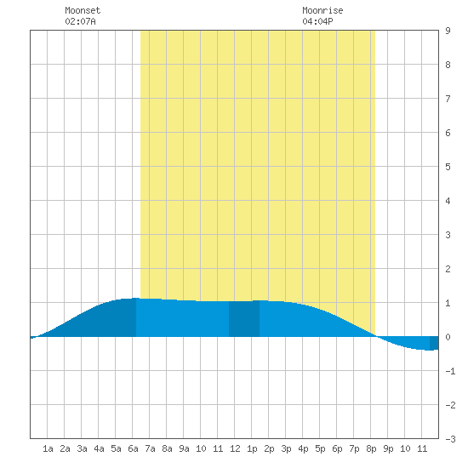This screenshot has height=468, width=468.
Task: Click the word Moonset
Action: point(83,10)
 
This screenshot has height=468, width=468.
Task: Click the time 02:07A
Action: point(80,21)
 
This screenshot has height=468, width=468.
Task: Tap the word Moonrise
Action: point(322,10)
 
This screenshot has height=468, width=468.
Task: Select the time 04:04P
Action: point(317,21)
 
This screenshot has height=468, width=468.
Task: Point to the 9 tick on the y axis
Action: point(448,31)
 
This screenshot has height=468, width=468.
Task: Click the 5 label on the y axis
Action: point(448,167)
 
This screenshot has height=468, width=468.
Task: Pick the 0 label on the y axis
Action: point(448,337)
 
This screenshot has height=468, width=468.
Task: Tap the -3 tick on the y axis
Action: point(450,439)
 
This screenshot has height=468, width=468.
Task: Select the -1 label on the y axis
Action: point(450,371)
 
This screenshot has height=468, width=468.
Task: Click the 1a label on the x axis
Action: point(48,448)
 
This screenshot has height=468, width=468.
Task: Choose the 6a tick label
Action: point(133,448)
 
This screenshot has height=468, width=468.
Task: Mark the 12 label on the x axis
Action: point(235,448)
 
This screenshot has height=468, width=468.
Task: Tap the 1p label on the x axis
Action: point(252,448)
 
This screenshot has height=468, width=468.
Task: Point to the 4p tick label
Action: point(303,448)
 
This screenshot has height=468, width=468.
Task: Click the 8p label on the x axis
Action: point(371,448)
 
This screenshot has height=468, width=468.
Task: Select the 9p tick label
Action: point(388,448)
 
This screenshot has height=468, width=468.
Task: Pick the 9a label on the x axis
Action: point(184,448)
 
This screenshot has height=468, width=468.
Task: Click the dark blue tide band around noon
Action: point(244,319)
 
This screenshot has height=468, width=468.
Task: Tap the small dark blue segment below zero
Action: point(434,343)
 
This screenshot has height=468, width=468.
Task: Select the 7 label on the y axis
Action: point(448,99)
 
